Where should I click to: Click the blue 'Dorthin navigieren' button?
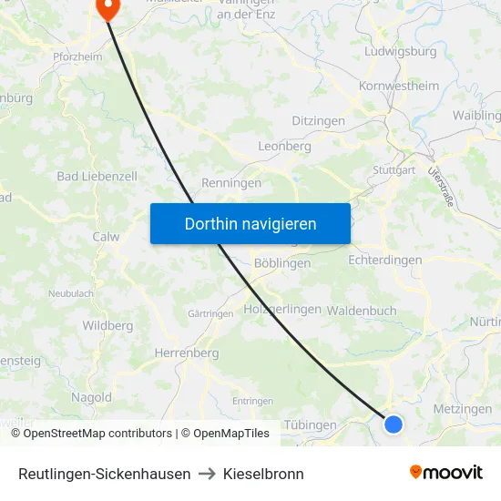[250, 223]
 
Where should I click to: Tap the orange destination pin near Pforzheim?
[107, 8]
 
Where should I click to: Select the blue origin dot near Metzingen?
[394, 424]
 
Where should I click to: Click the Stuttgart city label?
[394, 170]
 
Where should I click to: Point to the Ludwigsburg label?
[400, 51]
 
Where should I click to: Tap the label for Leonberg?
[285, 146]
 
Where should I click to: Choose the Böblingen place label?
[282, 262]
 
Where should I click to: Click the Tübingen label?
[311, 424]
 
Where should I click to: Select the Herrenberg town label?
[187, 353]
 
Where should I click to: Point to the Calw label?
[106, 236]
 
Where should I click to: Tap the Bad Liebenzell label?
[97, 176]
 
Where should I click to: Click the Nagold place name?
[92, 397]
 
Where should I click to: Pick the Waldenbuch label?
[362, 311]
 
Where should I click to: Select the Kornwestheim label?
[399, 87]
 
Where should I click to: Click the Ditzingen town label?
[318, 121]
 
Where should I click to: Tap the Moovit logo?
[446, 473]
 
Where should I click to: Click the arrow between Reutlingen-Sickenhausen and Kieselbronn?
[207, 474]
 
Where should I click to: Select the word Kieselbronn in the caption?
[263, 474]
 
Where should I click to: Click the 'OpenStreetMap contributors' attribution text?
[97, 434]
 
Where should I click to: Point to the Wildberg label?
[107, 325]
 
